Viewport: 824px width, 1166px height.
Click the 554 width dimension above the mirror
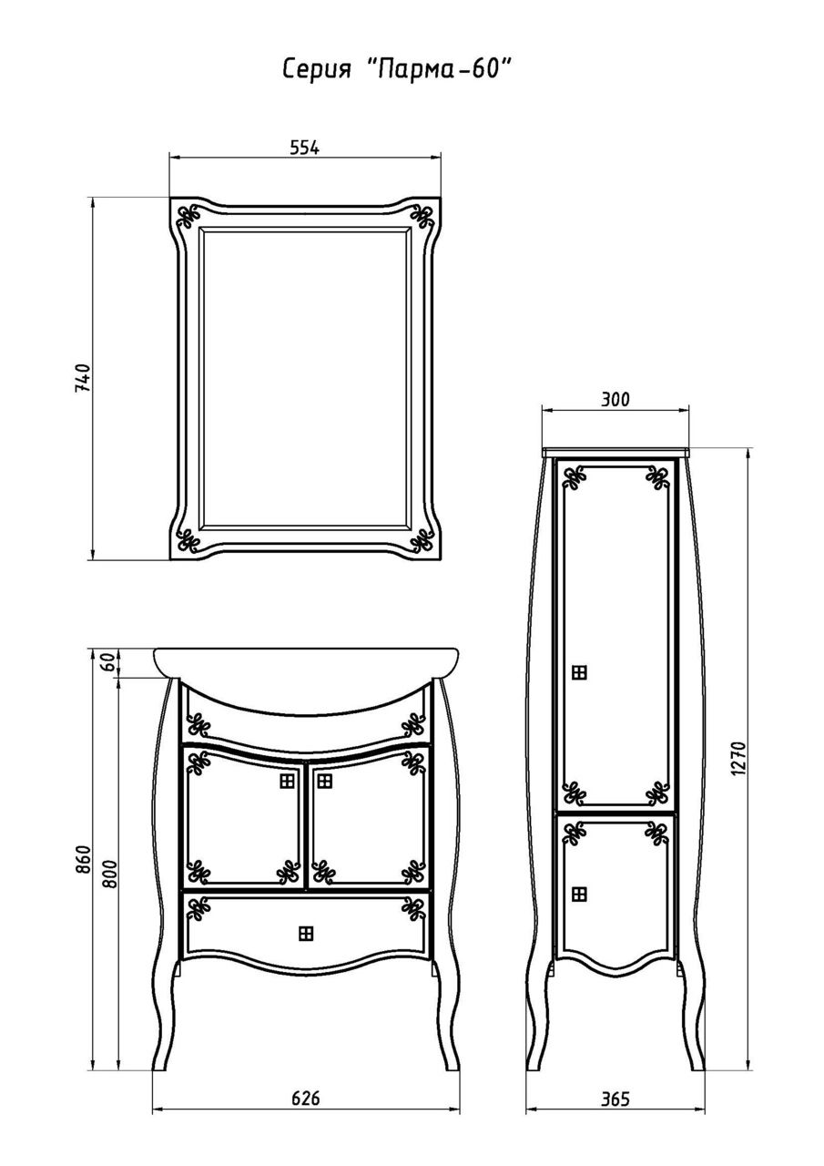305,148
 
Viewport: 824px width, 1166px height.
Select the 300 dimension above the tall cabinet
615,399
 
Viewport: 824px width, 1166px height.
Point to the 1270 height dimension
738,758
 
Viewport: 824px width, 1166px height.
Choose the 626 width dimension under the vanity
306,1098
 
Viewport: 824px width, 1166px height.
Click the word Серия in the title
317,68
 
